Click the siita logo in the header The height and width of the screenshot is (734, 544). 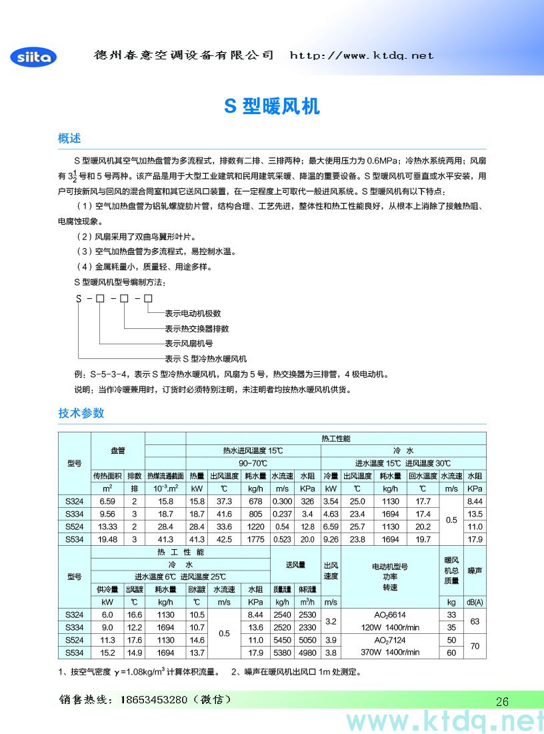(x=33, y=57)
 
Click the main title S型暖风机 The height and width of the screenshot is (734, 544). (x=271, y=106)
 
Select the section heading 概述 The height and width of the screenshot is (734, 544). (x=69, y=138)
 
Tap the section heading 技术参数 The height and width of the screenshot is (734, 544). (x=81, y=413)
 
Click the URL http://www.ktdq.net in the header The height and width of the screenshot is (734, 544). (x=361, y=55)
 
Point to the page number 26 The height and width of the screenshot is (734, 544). (x=502, y=701)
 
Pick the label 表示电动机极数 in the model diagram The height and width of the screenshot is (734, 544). (x=193, y=313)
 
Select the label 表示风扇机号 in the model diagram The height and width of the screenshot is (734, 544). (x=189, y=344)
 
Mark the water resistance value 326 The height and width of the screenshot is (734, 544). (x=307, y=501)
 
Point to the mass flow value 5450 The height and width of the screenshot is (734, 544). (x=282, y=640)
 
